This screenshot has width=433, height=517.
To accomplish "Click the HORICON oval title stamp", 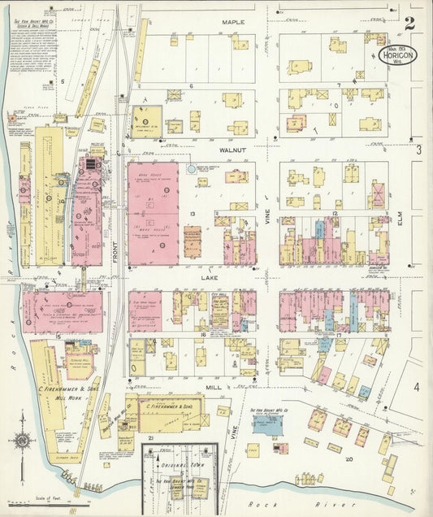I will [398, 55].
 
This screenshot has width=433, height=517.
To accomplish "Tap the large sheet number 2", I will [410, 24].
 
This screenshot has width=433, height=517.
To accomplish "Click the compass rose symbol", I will [23, 441].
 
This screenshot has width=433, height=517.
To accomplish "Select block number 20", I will [349, 458].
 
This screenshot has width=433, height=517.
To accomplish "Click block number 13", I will [193, 214].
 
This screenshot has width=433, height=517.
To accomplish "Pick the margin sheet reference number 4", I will [417, 387].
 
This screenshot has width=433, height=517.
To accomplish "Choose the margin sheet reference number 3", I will [419, 150].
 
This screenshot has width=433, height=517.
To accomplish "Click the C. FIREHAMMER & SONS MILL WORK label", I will [63, 393].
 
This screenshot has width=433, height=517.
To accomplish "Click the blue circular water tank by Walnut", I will [192, 169].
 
